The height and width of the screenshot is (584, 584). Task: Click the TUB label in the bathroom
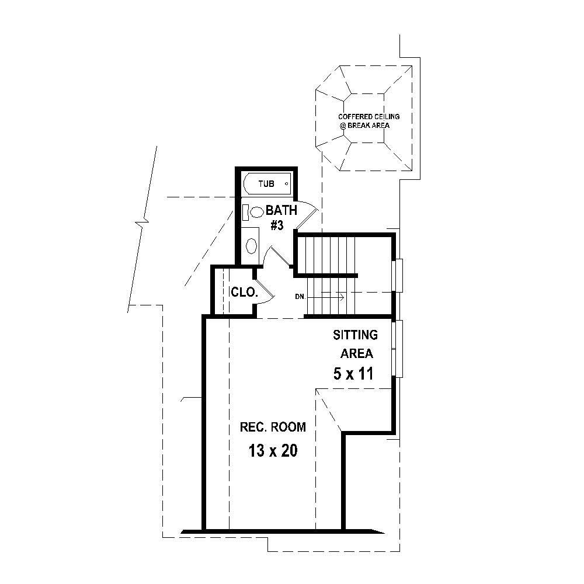266,184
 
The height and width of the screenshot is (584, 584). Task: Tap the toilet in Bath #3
255,212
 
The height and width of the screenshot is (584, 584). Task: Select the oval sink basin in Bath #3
252,246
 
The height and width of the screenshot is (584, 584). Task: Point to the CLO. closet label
244,292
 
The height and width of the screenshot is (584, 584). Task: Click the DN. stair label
301,297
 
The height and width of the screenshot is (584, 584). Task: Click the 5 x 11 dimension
353,374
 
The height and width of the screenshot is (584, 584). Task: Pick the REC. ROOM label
273,427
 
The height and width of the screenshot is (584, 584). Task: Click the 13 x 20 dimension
273,451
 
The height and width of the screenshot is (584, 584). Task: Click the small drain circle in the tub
286,183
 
